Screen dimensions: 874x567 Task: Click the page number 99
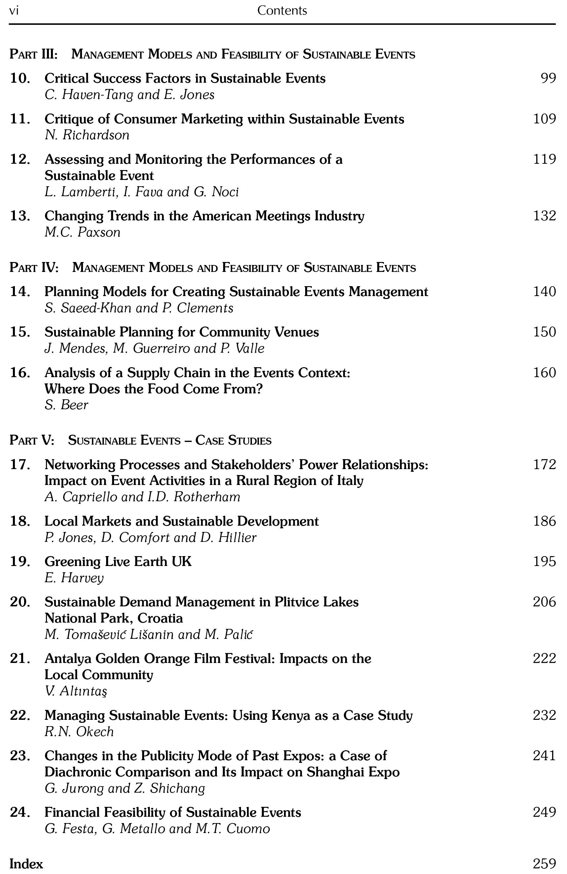point(548,78)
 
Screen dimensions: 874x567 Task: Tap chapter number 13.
point(20,216)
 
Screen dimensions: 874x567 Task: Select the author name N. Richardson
point(87,135)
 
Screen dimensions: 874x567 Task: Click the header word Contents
point(282,11)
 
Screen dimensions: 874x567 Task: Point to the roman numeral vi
point(14,11)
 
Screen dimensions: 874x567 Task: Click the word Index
point(26,864)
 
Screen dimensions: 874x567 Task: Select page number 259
point(544,864)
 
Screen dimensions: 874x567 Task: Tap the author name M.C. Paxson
point(83,233)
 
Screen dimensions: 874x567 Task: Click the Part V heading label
point(32,440)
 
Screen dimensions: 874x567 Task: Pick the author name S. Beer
point(66,405)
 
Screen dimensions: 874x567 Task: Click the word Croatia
point(160,618)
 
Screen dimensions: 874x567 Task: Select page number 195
point(544,561)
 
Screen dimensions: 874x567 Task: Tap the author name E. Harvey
point(74,578)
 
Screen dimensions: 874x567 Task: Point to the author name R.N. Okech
point(79,732)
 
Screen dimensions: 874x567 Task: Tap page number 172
point(544,464)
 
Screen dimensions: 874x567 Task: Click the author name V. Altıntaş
point(76,691)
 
